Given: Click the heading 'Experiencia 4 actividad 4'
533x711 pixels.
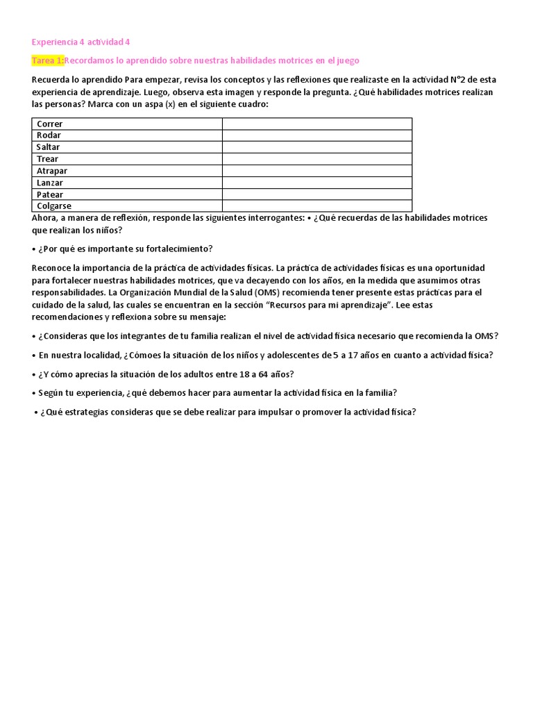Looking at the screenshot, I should click(x=81, y=42).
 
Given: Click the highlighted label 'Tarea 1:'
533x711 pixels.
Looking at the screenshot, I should click(x=48, y=60).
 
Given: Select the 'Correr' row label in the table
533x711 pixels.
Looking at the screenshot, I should click(x=50, y=124).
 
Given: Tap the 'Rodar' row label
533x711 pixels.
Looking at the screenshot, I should click(x=49, y=135).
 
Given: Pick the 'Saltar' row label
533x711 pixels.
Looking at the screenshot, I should click(x=49, y=147).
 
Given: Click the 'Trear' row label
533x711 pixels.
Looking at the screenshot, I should click(x=48, y=159).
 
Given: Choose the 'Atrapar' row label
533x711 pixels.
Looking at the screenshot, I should click(x=52, y=171).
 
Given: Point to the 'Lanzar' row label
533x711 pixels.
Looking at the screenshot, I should click(x=50, y=183).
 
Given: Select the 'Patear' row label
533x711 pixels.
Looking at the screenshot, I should click(x=50, y=194).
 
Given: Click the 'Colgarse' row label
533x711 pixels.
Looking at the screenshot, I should click(x=54, y=206).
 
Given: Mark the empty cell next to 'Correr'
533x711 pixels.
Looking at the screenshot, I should click(x=316, y=124).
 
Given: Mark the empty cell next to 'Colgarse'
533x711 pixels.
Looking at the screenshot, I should click(x=316, y=206).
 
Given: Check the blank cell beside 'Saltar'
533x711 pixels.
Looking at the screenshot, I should click(x=316, y=147).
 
